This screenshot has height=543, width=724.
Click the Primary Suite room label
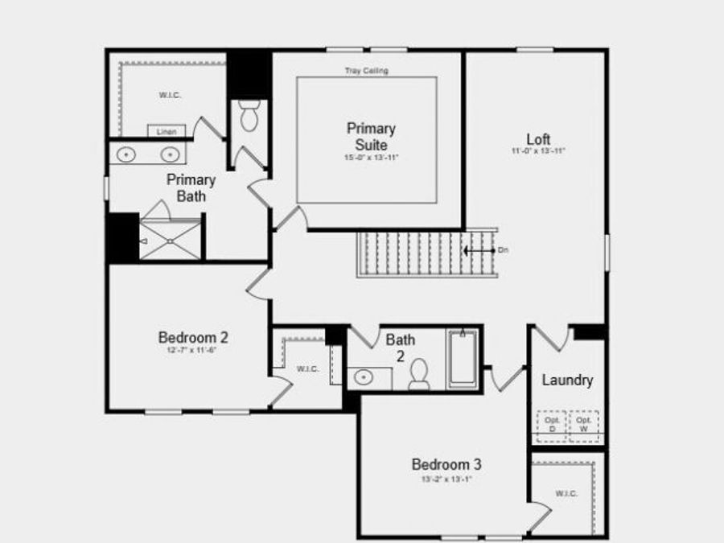(x=371, y=137)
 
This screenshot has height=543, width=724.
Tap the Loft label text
(x=538, y=139)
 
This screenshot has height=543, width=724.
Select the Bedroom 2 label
(x=187, y=338)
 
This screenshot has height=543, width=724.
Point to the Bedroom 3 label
(x=446, y=464)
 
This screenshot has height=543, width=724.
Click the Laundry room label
(x=567, y=380)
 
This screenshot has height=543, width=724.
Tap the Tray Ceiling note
(x=366, y=71)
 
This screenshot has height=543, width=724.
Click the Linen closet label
(x=167, y=131)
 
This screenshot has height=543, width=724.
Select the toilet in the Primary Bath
(x=249, y=118)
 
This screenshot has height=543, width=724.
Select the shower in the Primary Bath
(x=170, y=239)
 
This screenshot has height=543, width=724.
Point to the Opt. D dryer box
(x=552, y=425)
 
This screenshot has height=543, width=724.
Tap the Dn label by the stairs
(x=503, y=250)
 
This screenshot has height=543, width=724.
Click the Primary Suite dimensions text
(x=371, y=158)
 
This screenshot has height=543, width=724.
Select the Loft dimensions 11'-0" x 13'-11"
(x=538, y=151)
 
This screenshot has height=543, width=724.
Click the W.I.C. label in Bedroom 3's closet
(x=566, y=493)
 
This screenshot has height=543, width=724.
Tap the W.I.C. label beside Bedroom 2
(x=308, y=368)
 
